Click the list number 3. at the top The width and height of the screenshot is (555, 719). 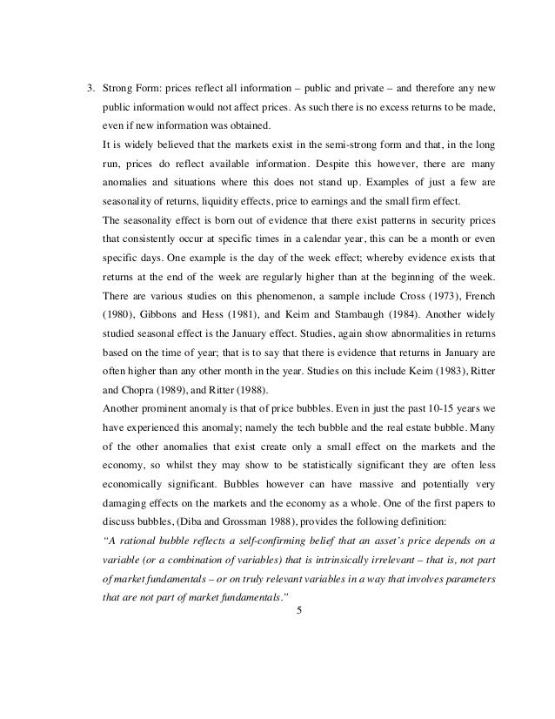pyautogui.click(x=88, y=89)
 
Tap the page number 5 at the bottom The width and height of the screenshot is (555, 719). pyautogui.click(x=299, y=619)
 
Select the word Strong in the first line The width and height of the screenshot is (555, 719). pyautogui.click(x=117, y=89)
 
